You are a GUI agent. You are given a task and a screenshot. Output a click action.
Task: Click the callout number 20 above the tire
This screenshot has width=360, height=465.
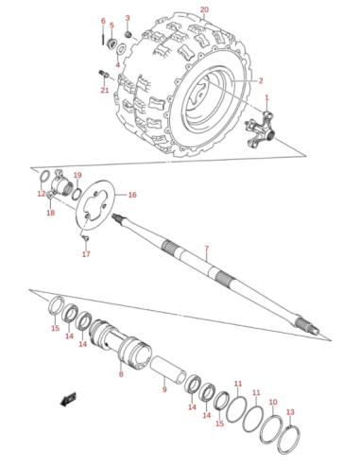pyautogui.click(x=204, y=9)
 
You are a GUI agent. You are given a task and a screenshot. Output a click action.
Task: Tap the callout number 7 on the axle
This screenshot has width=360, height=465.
pyautogui.click(x=206, y=249)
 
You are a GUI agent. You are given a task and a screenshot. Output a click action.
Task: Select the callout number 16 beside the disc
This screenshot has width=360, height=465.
pyautogui.click(x=132, y=195)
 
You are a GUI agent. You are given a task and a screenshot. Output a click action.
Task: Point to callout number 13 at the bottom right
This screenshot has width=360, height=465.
pyautogui.click(x=290, y=412)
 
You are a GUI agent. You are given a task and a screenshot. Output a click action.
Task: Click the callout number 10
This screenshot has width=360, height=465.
pyautogui.click(x=273, y=403)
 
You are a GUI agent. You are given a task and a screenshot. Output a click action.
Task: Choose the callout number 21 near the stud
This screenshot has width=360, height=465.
pyautogui.click(x=105, y=91)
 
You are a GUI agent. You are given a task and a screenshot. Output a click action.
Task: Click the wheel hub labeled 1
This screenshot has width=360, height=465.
pyautogui.click(x=259, y=130)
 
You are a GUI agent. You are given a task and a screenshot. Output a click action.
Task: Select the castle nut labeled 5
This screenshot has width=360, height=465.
pyautogui.click(x=111, y=42)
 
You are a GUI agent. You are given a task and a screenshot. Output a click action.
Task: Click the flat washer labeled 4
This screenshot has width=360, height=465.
pyautogui.click(x=122, y=49)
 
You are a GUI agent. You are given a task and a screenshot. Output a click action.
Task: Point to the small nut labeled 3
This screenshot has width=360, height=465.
pyautogui.click(x=128, y=34)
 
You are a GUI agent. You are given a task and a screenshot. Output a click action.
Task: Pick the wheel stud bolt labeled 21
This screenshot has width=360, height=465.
pyautogui.click(x=104, y=74)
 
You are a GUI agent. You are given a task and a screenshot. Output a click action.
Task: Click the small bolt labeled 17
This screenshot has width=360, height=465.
pyautogui.click(x=84, y=237)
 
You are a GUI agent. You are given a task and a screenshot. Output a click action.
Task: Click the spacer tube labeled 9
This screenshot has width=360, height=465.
pyautogui.click(x=166, y=369)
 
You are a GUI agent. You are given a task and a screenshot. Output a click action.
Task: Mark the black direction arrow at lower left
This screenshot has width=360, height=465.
pyautogui.click(x=68, y=400)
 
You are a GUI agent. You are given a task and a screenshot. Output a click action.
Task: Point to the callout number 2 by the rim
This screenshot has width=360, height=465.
pyautogui.click(x=261, y=81)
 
